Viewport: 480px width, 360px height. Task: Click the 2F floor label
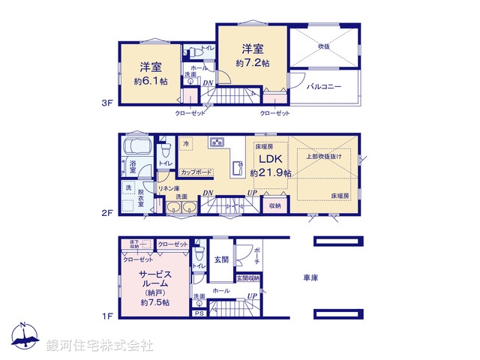108,214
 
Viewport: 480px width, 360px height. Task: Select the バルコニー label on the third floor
324,86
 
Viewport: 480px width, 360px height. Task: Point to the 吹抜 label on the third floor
323,46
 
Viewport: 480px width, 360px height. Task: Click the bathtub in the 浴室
136,145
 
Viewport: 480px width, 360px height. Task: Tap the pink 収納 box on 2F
274,205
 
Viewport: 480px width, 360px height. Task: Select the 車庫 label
310,277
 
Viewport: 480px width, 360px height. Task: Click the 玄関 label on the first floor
221,259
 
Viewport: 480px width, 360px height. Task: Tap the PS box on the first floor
199,314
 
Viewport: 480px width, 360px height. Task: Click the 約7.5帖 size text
155,302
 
